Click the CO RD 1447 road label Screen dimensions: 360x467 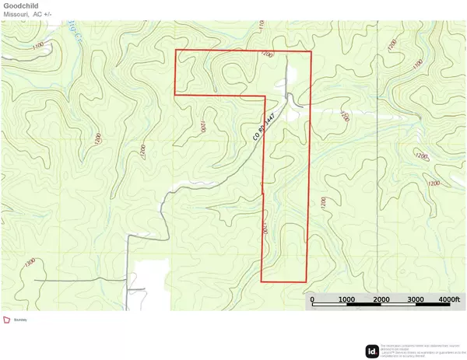tap(265, 125)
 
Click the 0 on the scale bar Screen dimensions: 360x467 tap(311, 300)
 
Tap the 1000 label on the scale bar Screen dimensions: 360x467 tap(346, 300)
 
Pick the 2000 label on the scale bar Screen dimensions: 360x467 tap(381, 300)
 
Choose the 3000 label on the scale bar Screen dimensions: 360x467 tap(415, 300)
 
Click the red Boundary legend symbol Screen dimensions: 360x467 tap(7, 319)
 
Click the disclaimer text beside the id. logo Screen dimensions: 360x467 tap(420, 349)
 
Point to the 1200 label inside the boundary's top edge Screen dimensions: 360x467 tap(269, 55)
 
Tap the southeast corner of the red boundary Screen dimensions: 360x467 tap(306, 281)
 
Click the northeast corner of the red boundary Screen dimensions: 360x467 tap(311, 51)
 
